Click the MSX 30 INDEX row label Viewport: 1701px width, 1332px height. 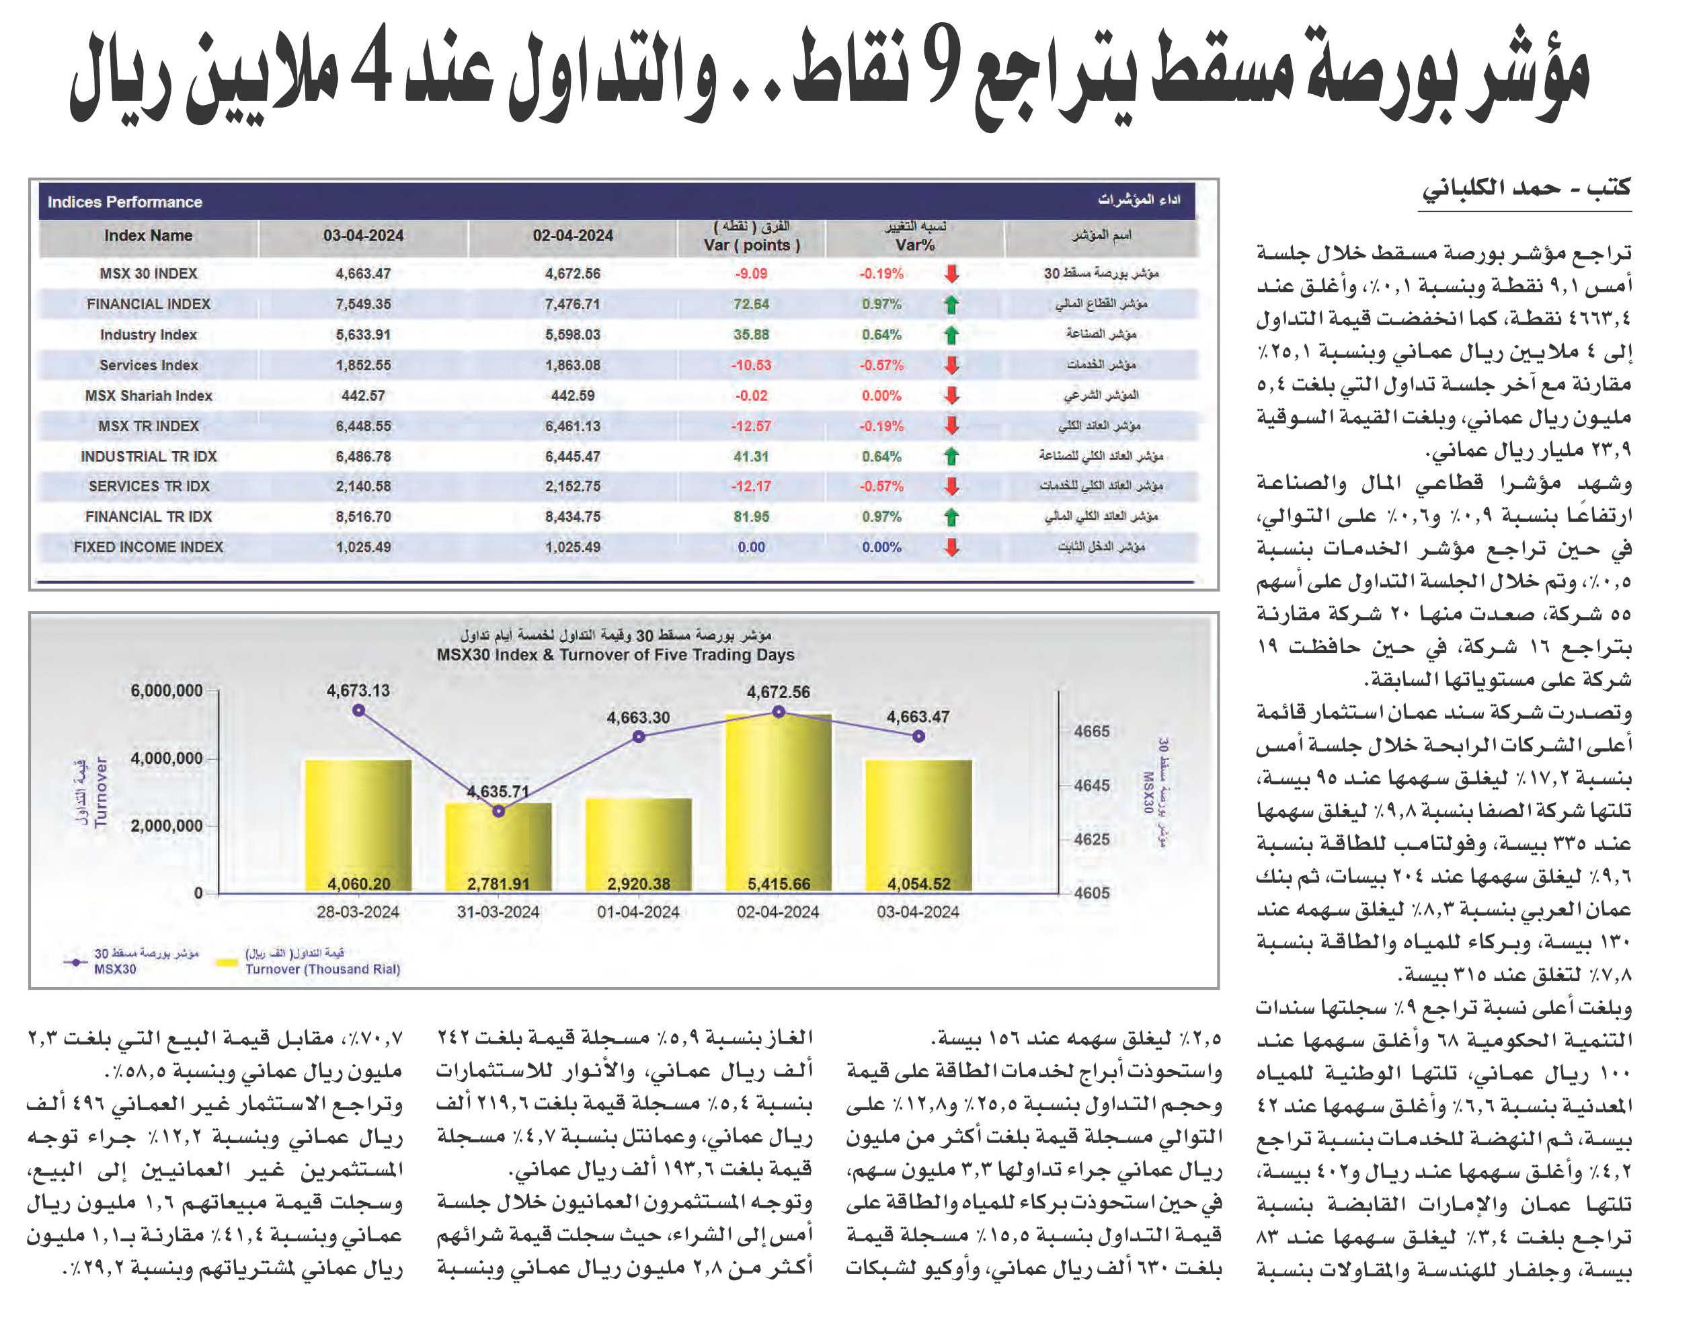pyautogui.click(x=148, y=274)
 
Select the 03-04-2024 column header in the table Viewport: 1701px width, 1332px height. pyautogui.click(x=364, y=235)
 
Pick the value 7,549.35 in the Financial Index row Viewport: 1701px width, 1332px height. pyautogui.click(x=364, y=304)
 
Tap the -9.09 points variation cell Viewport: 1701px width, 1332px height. pyautogui.click(x=751, y=274)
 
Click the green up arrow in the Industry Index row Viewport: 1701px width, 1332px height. pyautogui.click(x=951, y=336)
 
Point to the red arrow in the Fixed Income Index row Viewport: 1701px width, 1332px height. pyautogui.click(x=951, y=547)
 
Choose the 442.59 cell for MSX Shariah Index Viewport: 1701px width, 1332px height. pyautogui.click(x=572, y=395)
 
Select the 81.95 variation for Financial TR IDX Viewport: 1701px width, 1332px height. pyautogui.click(x=751, y=517)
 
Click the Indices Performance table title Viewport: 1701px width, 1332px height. pyautogui.click(x=125, y=202)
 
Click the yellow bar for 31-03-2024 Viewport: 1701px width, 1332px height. pyautogui.click(x=498, y=848)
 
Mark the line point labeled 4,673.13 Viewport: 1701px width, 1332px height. pyautogui.click(x=359, y=711)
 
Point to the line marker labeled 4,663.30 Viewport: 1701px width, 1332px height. pyautogui.click(x=639, y=736)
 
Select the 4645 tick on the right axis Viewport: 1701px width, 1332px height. pyautogui.click(x=1091, y=785)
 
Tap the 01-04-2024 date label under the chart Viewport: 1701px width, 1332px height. pyautogui.click(x=638, y=912)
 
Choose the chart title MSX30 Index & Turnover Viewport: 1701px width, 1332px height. pyautogui.click(x=615, y=655)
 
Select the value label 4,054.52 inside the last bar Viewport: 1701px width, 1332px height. pyautogui.click(x=919, y=884)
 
